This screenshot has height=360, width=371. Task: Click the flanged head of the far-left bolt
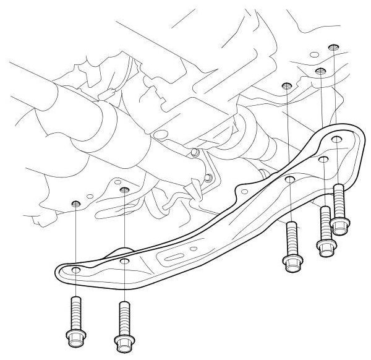(x=75, y=338)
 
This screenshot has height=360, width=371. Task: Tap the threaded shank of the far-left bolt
(x=75, y=312)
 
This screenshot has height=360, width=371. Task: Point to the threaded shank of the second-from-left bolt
(x=125, y=315)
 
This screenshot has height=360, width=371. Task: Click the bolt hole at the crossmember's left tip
(x=75, y=271)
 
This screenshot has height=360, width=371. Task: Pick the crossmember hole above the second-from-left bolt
(x=125, y=262)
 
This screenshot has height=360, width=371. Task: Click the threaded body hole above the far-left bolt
(x=75, y=204)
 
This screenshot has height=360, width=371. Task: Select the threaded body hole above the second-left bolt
(x=124, y=190)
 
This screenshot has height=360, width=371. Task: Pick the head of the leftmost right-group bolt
(x=291, y=262)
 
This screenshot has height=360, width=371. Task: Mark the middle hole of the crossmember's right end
(x=323, y=160)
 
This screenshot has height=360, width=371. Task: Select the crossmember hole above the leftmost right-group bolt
(x=290, y=180)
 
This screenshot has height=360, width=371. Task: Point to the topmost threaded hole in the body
(x=335, y=47)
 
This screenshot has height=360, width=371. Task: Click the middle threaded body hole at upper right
(x=320, y=72)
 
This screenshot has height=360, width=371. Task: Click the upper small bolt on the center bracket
(x=194, y=152)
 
